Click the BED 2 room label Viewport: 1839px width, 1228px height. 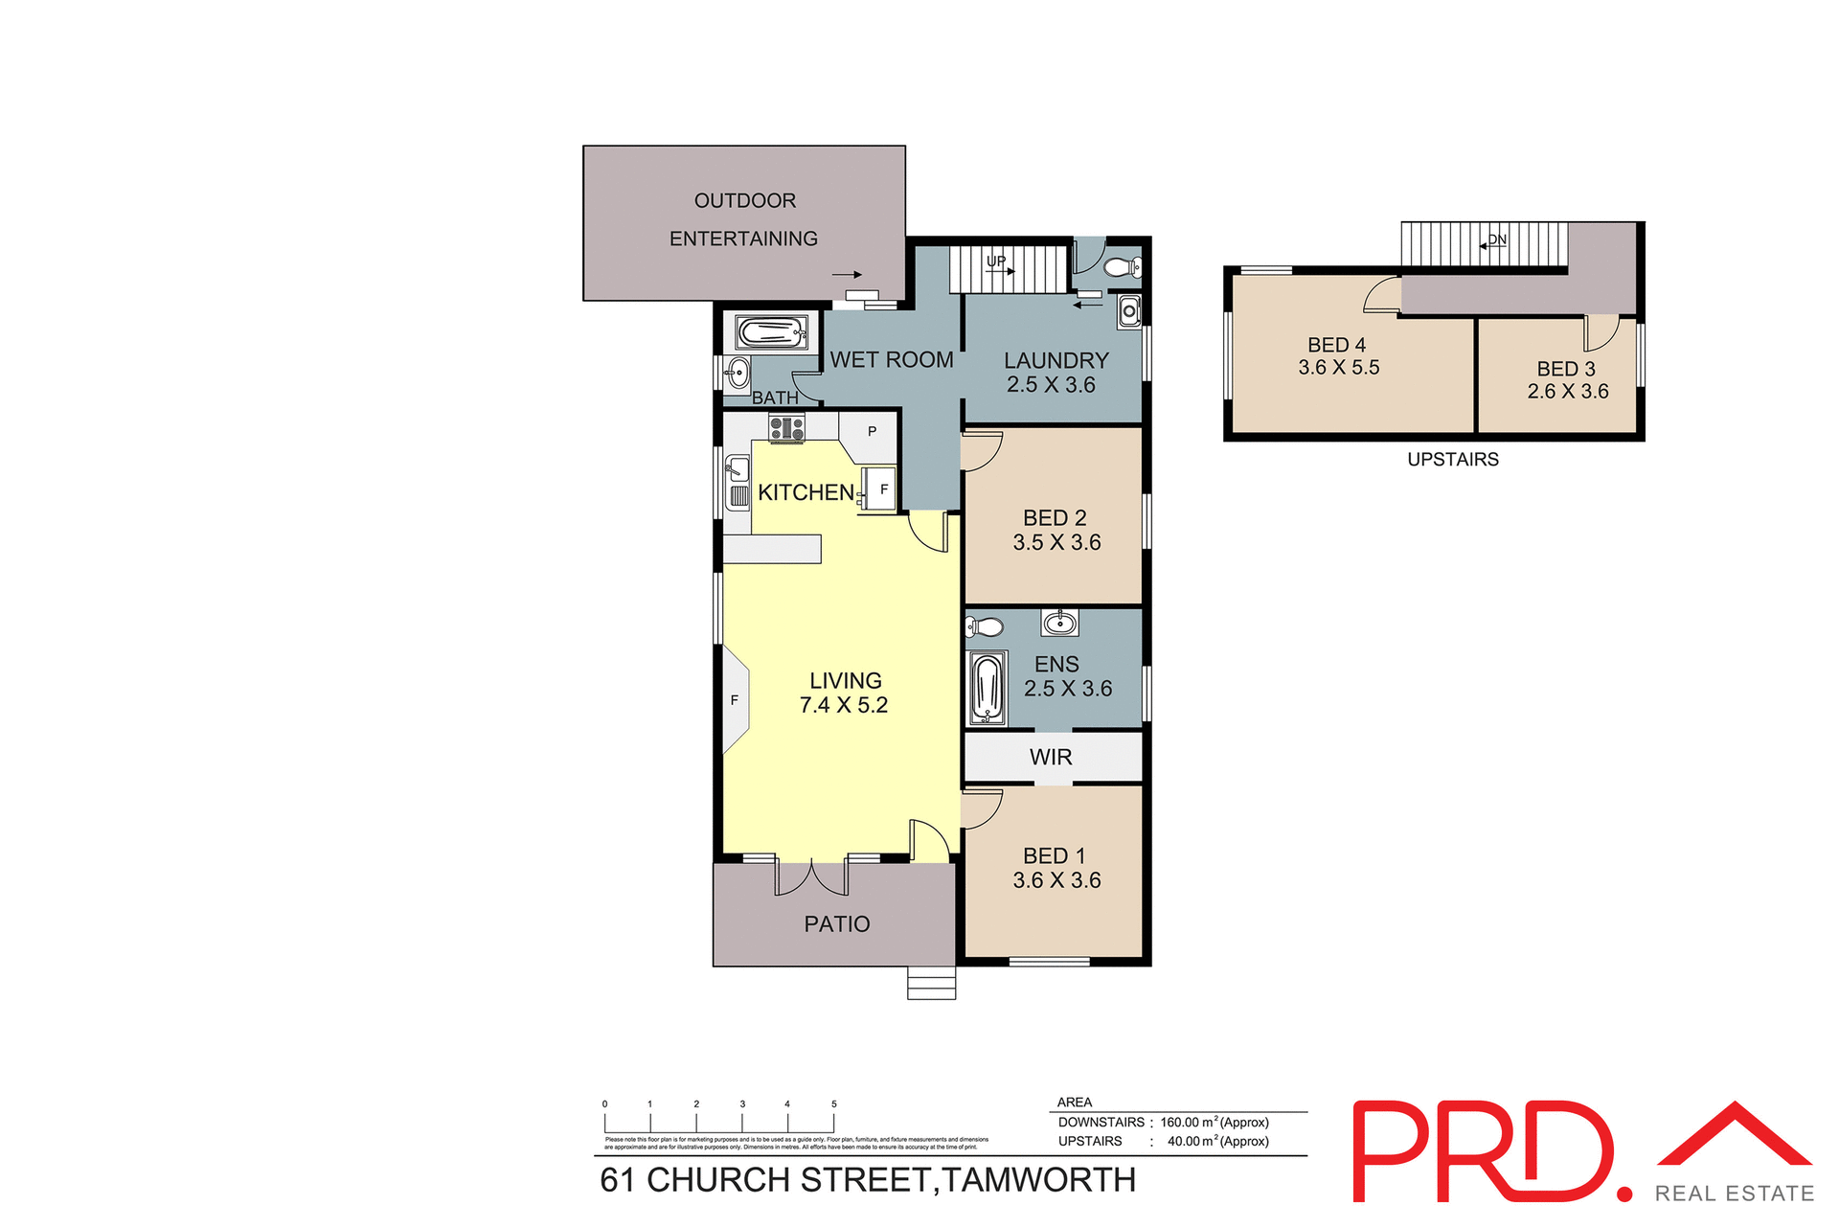(x=1056, y=518)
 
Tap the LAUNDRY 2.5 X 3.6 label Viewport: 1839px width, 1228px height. (x=1056, y=373)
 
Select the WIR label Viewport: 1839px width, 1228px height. (x=1051, y=757)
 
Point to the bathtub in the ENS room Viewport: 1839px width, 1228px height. (x=987, y=688)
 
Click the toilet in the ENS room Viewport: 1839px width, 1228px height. (x=984, y=627)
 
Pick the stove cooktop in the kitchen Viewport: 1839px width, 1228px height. (x=786, y=428)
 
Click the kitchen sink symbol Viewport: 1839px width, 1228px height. (x=737, y=469)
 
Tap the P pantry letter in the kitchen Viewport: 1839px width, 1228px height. (x=872, y=431)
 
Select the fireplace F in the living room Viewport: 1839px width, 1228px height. (x=735, y=700)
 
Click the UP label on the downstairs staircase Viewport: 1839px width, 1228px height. (x=996, y=261)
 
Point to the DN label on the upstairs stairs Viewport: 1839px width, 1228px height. (x=1497, y=239)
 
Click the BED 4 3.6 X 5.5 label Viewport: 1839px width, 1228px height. (x=1338, y=355)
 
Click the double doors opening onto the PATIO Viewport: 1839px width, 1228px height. (x=811, y=877)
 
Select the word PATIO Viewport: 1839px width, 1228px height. (x=837, y=924)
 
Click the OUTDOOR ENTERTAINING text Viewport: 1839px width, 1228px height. (x=744, y=219)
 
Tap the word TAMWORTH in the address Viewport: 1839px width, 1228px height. (x=1039, y=1180)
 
